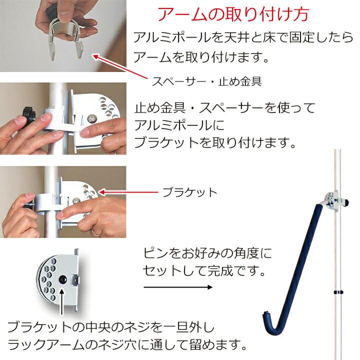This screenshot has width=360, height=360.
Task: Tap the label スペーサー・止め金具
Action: coord(206,80)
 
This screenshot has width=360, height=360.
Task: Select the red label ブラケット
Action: coord(190,192)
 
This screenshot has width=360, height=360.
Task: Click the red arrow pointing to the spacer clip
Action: coord(119,65)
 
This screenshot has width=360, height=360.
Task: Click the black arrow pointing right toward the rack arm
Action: coord(177,287)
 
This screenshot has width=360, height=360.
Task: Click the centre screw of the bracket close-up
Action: coord(63,277)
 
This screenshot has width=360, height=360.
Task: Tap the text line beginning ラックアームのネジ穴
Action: coord(127,344)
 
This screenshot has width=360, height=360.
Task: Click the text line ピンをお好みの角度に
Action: coord(207,253)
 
